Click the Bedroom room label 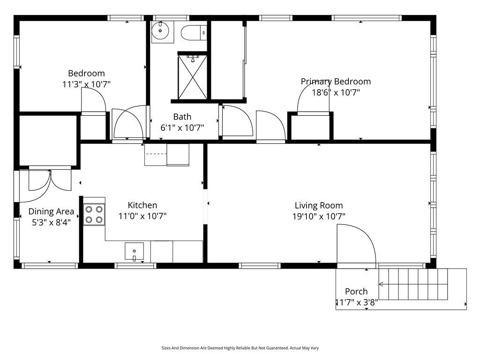click(x=86, y=74)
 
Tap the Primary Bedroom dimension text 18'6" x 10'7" click(x=336, y=92)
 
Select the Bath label click(x=182, y=117)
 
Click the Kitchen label click(x=142, y=205)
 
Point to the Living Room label click(x=319, y=206)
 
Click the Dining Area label click(x=51, y=211)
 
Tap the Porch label click(x=356, y=292)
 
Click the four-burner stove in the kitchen click(x=94, y=215)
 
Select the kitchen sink click(x=134, y=251)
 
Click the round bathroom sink click(x=160, y=30)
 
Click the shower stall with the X click(x=193, y=77)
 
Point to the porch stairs click(x=413, y=284)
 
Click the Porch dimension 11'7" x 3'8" click(x=357, y=303)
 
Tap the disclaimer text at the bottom click(x=240, y=348)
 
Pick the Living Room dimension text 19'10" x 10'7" click(x=319, y=217)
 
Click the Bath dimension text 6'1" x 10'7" click(x=182, y=128)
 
